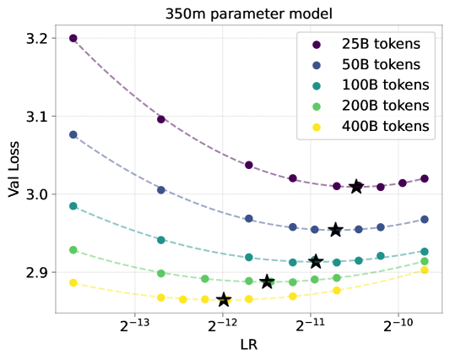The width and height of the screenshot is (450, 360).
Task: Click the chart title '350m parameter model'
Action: click(249, 14)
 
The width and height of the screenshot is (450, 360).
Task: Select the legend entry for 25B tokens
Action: click(366, 44)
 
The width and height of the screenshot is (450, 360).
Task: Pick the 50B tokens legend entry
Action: click(366, 64)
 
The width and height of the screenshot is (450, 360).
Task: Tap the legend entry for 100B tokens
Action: click(371, 85)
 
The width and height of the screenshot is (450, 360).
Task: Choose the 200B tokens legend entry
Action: click(371, 106)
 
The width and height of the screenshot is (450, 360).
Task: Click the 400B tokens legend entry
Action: click(371, 127)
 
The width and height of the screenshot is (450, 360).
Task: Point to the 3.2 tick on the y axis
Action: click(36, 39)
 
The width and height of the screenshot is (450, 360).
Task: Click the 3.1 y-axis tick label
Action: click(36, 117)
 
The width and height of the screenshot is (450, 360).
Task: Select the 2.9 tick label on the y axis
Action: click(36, 273)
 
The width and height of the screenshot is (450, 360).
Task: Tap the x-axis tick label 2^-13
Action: click(134, 325)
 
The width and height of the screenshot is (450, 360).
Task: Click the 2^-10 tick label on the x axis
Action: click(398, 325)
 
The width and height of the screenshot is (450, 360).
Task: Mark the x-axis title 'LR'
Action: click(249, 345)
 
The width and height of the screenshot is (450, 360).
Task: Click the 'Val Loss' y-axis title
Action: click(14, 169)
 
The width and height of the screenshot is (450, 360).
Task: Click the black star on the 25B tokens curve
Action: click(357, 187)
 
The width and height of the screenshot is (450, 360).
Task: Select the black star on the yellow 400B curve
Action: click(224, 300)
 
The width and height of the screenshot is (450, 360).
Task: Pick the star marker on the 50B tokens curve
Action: click(335, 230)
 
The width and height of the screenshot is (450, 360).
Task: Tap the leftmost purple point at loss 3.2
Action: click(73, 38)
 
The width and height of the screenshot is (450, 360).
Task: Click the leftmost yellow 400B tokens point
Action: click(73, 283)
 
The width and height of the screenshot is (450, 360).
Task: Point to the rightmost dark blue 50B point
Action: click(425, 220)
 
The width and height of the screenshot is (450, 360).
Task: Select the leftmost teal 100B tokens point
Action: click(73, 206)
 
